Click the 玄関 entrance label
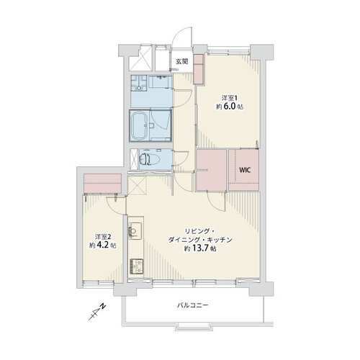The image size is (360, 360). [181, 62]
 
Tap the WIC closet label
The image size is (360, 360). [245, 170]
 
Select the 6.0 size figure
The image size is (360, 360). [230, 107]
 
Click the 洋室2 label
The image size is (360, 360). [103, 237]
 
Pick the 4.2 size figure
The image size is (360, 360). [103, 246]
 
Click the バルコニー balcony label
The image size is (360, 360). [193, 305]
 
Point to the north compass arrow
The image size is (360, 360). [97, 312]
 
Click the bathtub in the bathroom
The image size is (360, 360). [140, 125]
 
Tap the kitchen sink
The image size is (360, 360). [135, 231]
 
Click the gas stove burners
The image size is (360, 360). [136, 266]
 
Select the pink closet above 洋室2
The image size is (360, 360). [102, 184]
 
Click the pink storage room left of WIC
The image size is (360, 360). [212, 170]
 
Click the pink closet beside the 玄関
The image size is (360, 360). [199, 69]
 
